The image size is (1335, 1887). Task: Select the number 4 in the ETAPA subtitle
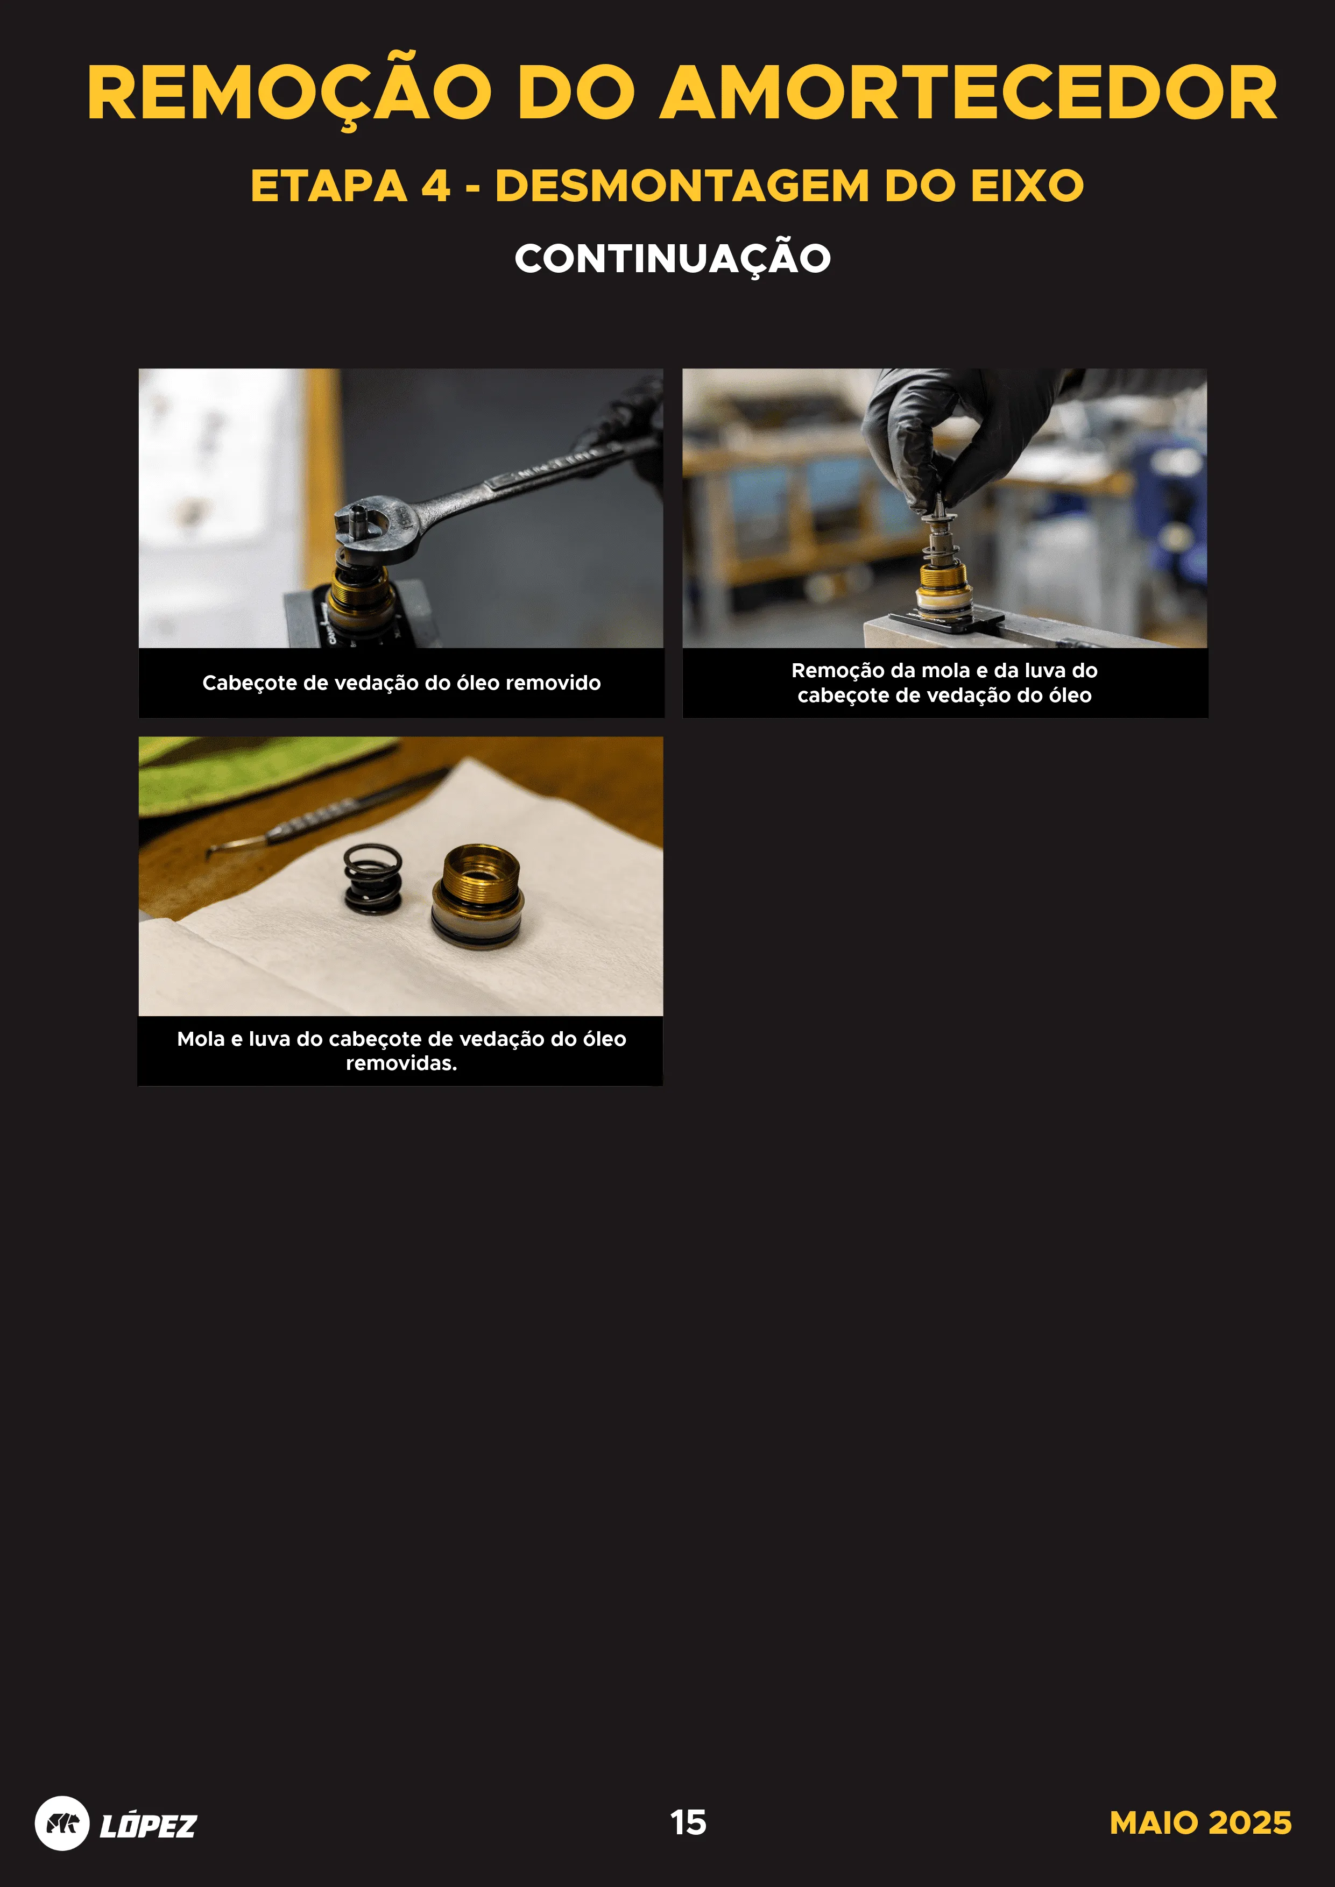(436, 186)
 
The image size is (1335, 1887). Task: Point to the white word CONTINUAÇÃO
(673, 258)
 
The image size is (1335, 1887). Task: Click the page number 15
(688, 1822)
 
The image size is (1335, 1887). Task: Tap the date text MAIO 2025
(1200, 1822)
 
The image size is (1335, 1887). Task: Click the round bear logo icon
(62, 1823)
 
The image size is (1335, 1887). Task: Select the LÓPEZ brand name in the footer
(148, 1825)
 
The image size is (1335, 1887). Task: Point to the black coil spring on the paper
(374, 879)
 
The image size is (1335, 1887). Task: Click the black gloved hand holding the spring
(962, 436)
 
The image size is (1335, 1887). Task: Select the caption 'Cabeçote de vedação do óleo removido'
(401, 683)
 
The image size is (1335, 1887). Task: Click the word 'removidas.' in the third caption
(401, 1063)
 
